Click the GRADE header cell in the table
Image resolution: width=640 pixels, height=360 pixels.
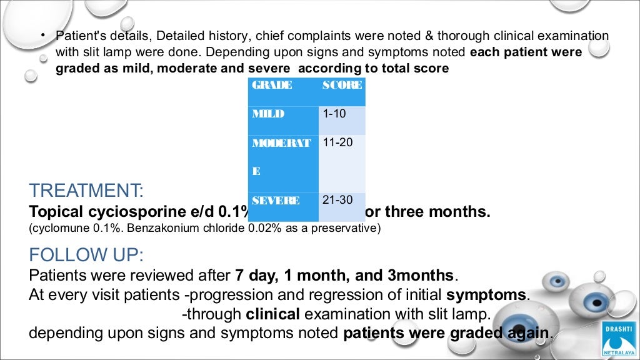pos(272,86)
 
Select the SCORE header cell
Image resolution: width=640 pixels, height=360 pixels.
pos(342,86)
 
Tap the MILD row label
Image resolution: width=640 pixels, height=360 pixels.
pos(268,114)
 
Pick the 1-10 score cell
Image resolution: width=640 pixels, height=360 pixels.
pos(334,114)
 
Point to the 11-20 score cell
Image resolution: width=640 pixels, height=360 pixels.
pos(337,142)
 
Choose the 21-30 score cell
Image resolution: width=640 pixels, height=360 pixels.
pos(337,201)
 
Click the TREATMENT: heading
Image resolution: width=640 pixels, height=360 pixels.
pos(86,190)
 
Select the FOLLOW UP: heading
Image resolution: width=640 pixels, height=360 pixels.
pos(86,255)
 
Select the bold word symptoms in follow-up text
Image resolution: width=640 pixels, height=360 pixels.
pos(487,294)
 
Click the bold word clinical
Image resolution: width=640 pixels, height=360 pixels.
pos(273,314)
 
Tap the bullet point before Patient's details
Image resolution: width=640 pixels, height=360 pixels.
pos(44,36)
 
